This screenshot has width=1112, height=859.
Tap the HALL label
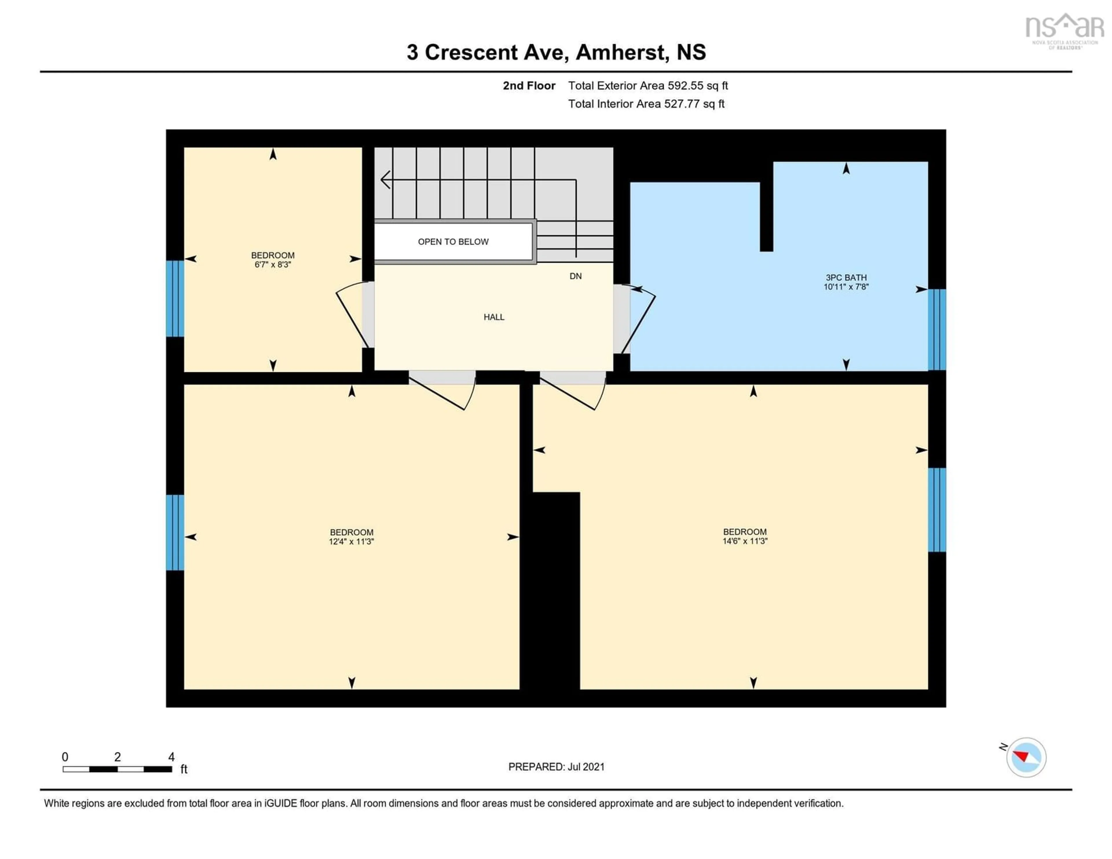pos(493,317)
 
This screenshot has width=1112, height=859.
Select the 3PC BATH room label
pos(846,277)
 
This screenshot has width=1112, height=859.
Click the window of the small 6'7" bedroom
pos(175,299)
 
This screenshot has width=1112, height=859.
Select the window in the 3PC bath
pos(937,330)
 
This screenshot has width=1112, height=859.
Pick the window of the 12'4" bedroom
pos(175,532)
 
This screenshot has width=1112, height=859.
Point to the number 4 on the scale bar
pos(172,757)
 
